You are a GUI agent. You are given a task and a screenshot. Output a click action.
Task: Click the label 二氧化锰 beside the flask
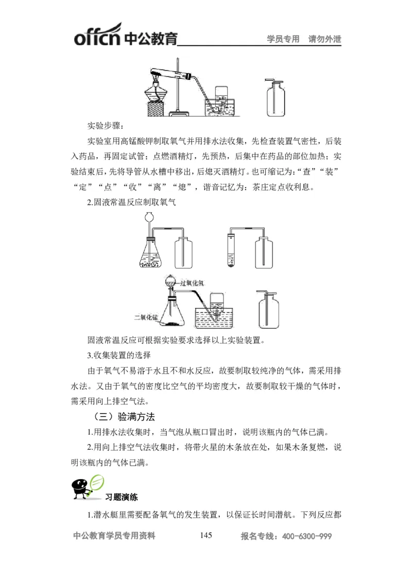point(145,317)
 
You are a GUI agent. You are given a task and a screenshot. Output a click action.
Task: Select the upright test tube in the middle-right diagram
point(231,249)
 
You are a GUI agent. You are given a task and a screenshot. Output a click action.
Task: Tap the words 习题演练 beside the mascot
point(122,498)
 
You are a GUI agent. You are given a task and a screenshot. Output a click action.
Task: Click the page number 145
point(206,536)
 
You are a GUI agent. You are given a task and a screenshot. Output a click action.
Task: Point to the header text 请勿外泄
point(324,39)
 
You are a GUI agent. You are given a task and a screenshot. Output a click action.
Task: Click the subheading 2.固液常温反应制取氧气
point(131,202)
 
